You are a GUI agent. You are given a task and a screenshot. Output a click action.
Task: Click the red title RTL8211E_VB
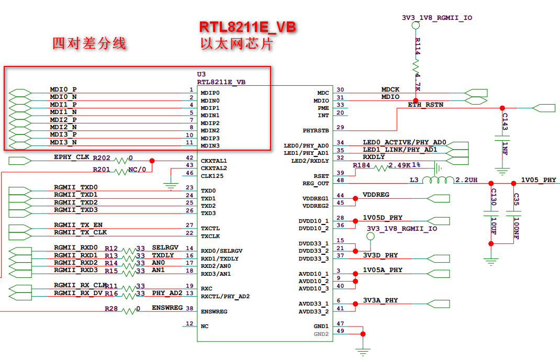(247, 27)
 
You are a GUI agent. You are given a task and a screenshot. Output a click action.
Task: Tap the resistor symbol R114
(416, 66)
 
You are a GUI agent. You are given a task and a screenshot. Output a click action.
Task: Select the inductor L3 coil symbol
(438, 181)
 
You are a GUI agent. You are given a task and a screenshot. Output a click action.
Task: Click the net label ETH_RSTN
(425, 105)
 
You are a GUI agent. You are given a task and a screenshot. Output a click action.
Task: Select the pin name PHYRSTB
(316, 130)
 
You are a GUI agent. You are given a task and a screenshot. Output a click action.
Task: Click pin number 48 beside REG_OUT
(340, 180)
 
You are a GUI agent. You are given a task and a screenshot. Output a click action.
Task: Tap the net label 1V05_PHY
(539, 180)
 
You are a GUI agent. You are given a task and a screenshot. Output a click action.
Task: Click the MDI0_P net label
(63, 89)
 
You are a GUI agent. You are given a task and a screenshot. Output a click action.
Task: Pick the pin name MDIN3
(210, 145)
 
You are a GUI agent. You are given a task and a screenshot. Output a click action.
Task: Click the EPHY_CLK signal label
(72, 157)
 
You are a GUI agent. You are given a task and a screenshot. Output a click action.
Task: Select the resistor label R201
(102, 169)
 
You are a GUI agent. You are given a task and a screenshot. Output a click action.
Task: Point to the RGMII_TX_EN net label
(78, 225)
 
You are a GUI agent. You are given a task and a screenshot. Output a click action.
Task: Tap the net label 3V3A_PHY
(380, 300)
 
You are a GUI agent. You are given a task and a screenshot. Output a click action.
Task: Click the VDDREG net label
(376, 195)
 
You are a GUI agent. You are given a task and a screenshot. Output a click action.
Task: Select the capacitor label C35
(516, 199)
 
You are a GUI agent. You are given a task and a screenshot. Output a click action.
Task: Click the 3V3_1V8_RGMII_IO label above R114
(437, 17)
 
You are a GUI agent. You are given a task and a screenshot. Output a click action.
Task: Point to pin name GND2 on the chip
(321, 334)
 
